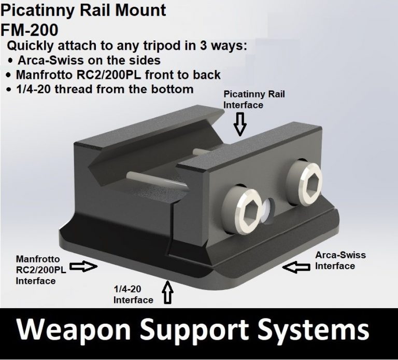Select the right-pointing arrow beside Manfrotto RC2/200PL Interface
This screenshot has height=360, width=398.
83,266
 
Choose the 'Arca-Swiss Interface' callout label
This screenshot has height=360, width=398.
340,260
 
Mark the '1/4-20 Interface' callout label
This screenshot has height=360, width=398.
133,295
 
